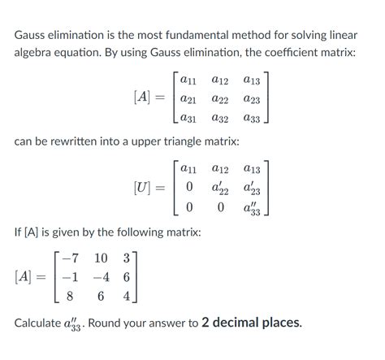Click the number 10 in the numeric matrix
click(101, 258)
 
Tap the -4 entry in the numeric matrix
click(99, 277)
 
